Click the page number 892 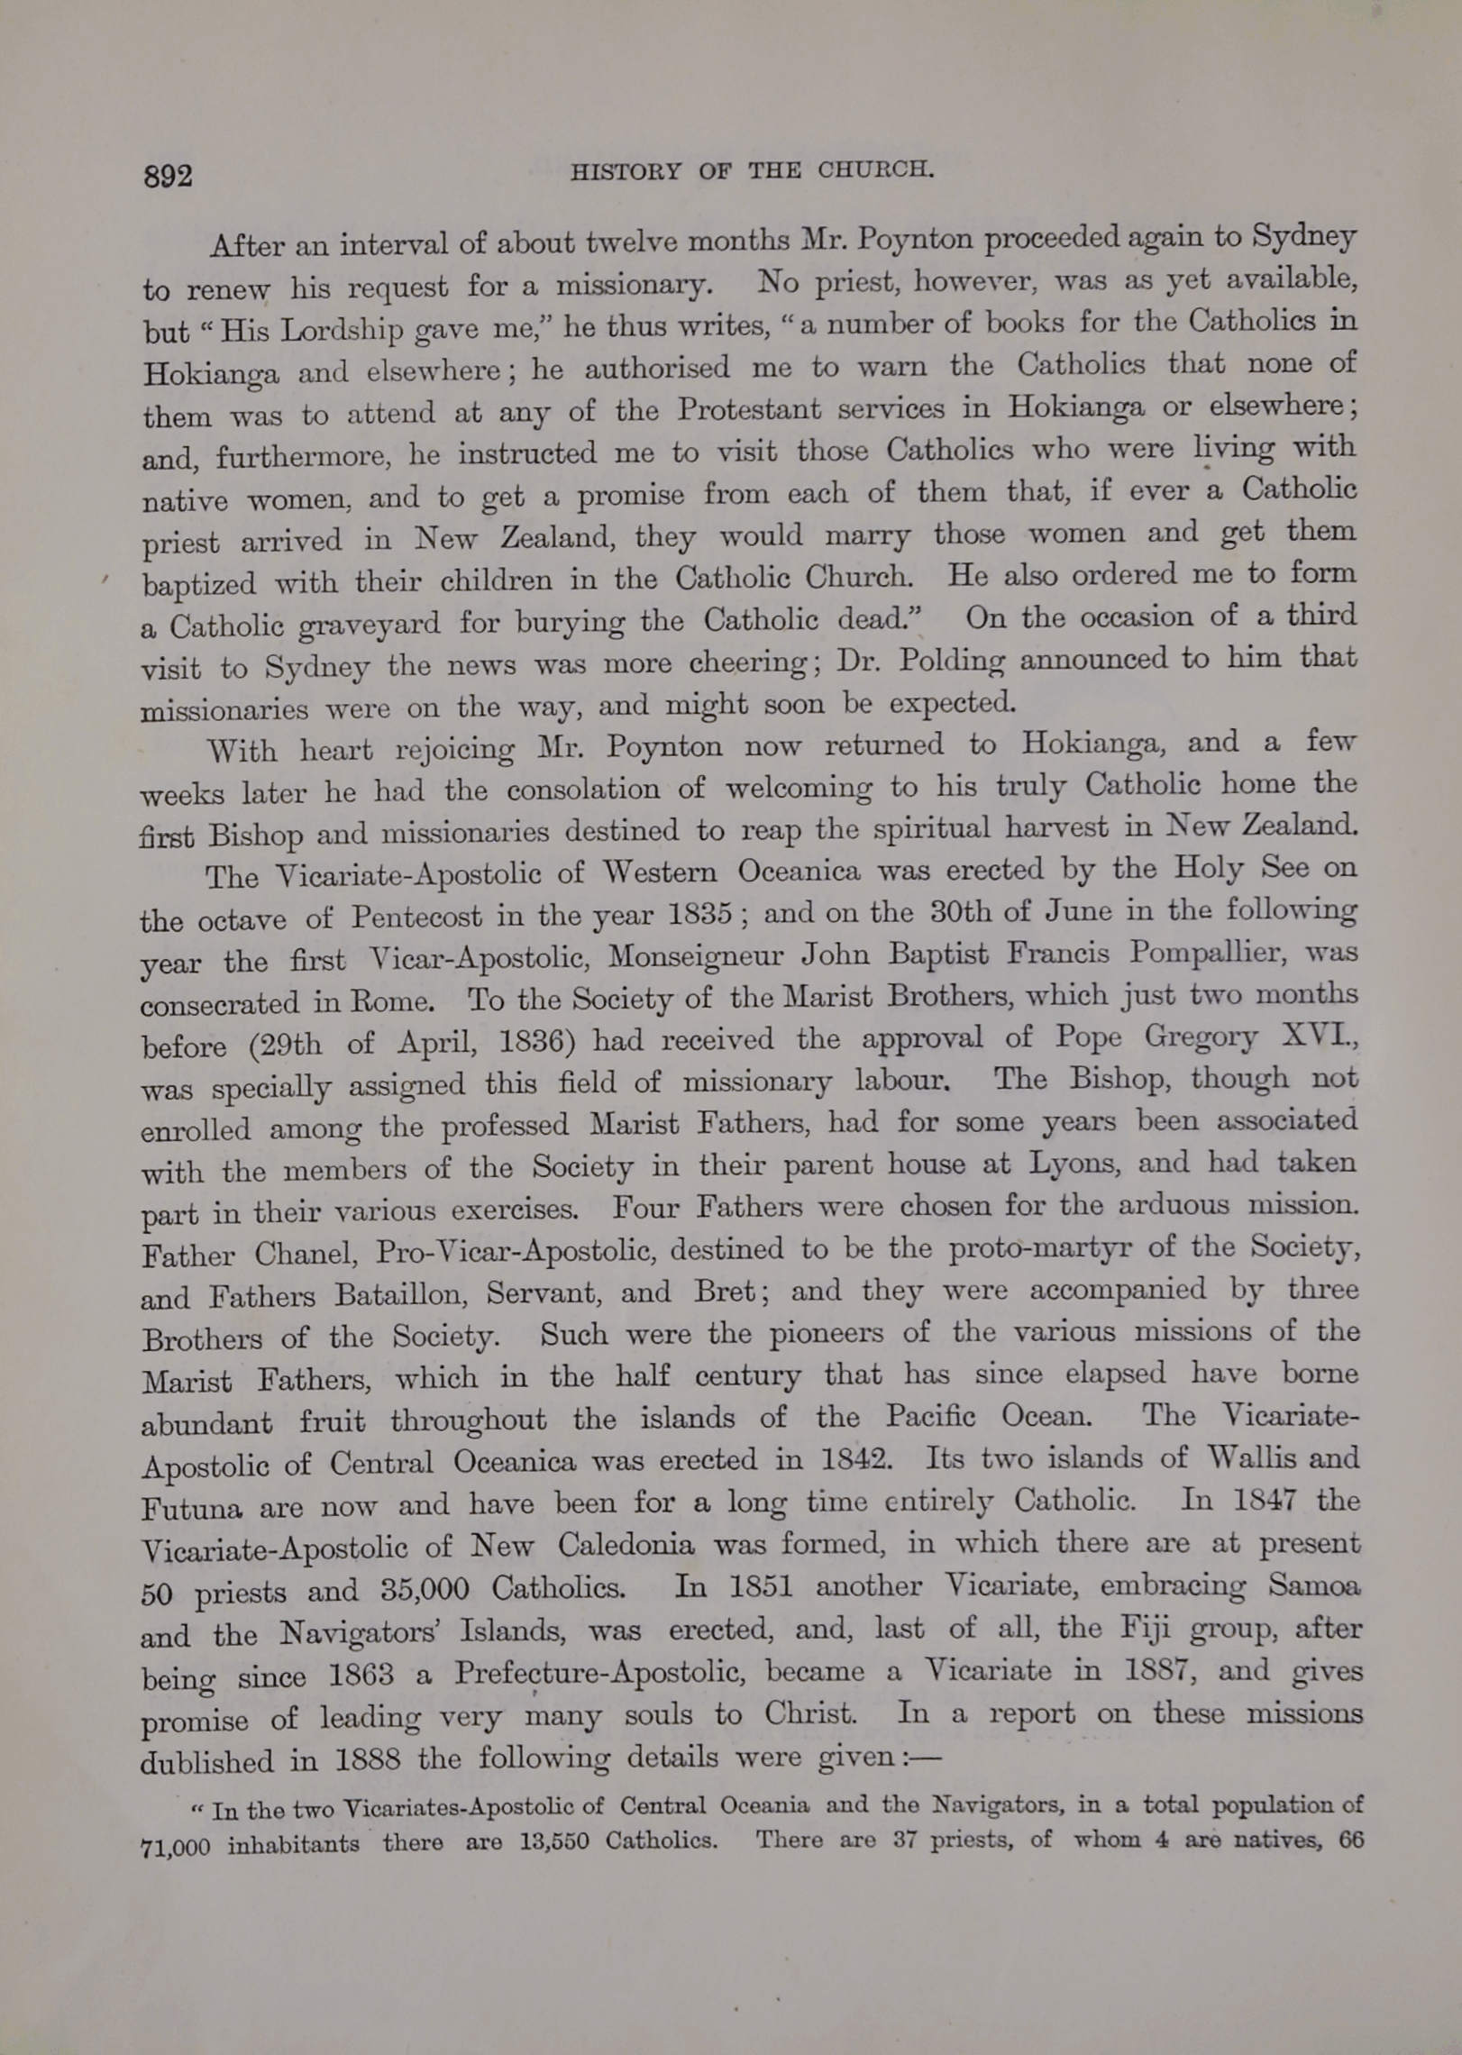pyautogui.click(x=168, y=176)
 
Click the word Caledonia pyautogui.click(x=626, y=1545)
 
